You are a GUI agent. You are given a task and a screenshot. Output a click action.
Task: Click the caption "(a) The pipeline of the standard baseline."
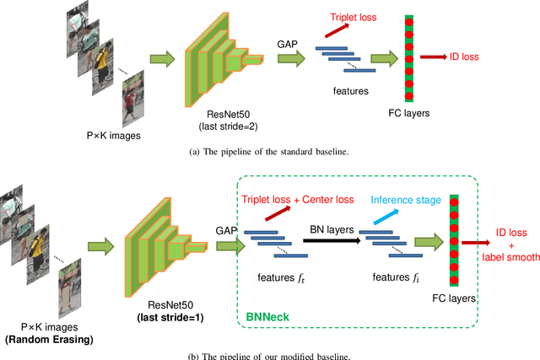pyautogui.click(x=269, y=152)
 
